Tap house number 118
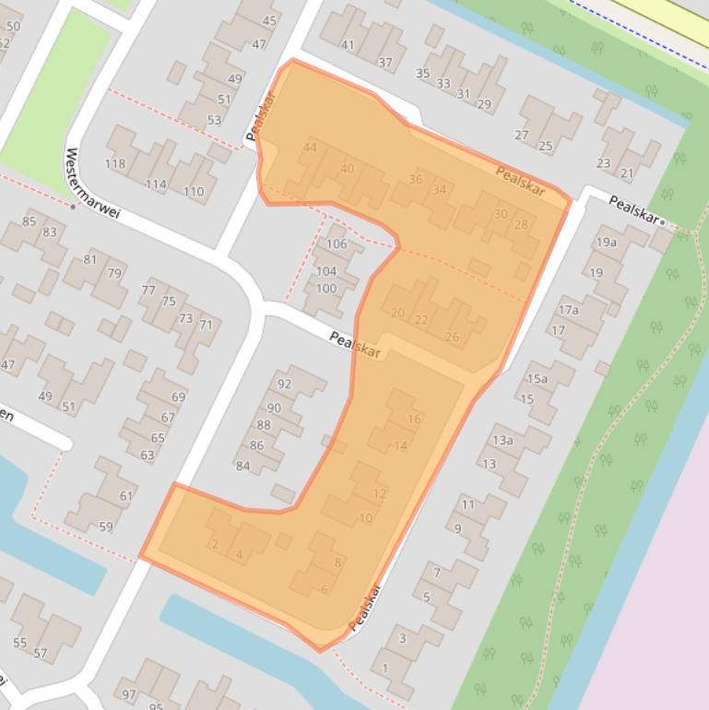(x=115, y=164)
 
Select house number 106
(x=337, y=244)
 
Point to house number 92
(x=284, y=385)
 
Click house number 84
(x=243, y=466)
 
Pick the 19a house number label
(x=606, y=243)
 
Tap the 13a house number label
(x=502, y=440)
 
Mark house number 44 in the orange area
(x=310, y=148)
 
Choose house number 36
(x=415, y=180)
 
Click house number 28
(x=522, y=225)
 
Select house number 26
(x=452, y=337)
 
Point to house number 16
(x=414, y=419)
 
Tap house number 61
(x=125, y=496)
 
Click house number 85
(x=29, y=221)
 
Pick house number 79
(x=114, y=273)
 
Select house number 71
(x=206, y=325)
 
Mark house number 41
(x=347, y=44)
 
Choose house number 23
(x=603, y=163)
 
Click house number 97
(x=128, y=693)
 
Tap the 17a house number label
(x=568, y=311)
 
